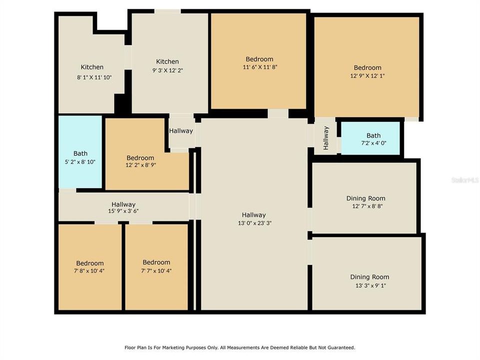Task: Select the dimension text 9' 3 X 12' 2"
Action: pos(167,70)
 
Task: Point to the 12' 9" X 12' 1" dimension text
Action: pos(367,76)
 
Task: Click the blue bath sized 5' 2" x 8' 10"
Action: pos(80,157)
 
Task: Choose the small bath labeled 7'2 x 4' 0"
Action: pos(373,139)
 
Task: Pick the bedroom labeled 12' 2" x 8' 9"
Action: pos(140,161)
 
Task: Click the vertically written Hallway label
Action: pos(326,137)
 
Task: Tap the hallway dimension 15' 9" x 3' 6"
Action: pos(123,211)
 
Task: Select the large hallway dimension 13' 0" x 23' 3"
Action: pos(255,223)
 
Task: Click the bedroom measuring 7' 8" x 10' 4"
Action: pos(90,267)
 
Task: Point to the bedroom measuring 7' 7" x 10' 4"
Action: pos(156,266)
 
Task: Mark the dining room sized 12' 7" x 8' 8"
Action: pos(365,202)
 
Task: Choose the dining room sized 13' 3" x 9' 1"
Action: pos(369,280)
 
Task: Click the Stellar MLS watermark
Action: pos(464,179)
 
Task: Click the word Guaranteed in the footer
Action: pos(339,347)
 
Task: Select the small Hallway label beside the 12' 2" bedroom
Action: pos(180,131)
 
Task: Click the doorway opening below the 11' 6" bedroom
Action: pos(277,113)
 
